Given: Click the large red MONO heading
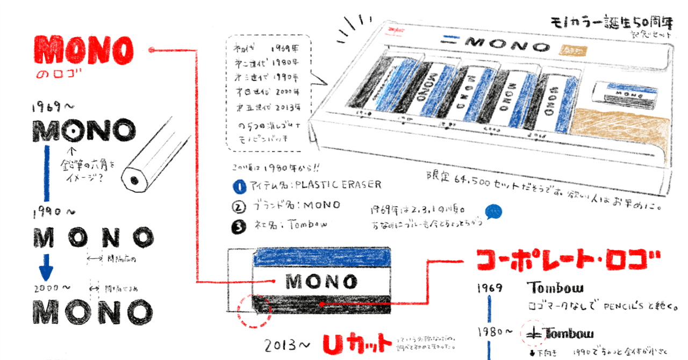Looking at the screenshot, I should pos(83,52).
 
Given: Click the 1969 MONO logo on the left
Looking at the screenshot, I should pos(84,131).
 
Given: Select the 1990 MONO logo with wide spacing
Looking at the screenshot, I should pos(94,237).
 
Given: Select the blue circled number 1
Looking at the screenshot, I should pos(239,186).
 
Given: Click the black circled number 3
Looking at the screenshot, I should pos(239,226).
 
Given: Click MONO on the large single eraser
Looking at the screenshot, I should pos(321,281).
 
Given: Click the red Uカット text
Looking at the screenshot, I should pos(357,342).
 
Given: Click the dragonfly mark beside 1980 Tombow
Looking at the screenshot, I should pos(533,333).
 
